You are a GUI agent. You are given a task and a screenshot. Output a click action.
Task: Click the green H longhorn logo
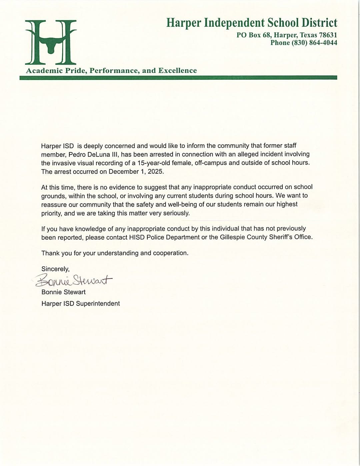[x=51, y=42]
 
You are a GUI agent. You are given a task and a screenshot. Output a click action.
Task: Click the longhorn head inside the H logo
[x=51, y=47]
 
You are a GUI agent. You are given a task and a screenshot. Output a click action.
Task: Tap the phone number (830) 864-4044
[x=314, y=43]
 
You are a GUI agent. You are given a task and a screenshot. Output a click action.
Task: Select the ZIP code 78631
[x=327, y=35]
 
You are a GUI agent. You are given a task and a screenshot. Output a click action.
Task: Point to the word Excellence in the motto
[x=177, y=71]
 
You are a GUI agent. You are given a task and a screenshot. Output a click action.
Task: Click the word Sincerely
[x=55, y=269]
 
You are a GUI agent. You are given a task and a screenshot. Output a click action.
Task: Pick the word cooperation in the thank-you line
[x=170, y=253]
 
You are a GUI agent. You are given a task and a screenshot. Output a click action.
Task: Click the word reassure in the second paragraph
[x=54, y=205]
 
